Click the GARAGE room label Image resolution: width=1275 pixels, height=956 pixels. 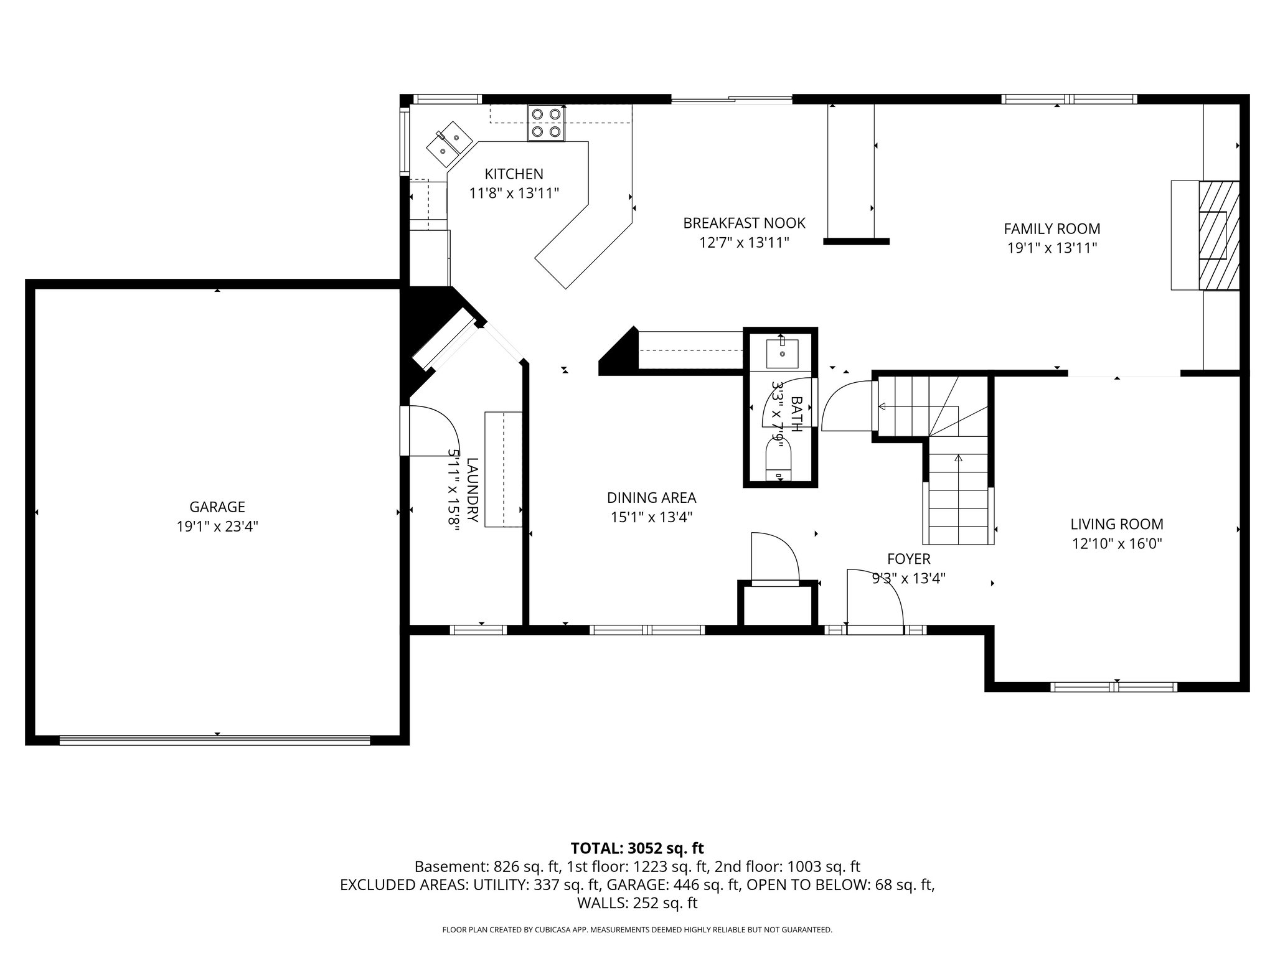pyautogui.click(x=217, y=507)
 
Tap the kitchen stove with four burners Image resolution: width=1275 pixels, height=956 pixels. pyautogui.click(x=547, y=123)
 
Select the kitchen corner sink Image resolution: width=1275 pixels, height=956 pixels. pyautogui.click(x=449, y=144)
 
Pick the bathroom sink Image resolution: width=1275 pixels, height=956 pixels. pyautogui.click(x=782, y=353)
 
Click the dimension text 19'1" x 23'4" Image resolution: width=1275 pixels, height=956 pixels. pyautogui.click(x=217, y=527)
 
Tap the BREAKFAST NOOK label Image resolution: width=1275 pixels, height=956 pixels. pyautogui.click(x=744, y=223)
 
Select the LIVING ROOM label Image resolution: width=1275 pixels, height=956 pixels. pyautogui.click(x=1116, y=524)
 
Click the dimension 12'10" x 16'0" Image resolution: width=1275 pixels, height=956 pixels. pyautogui.click(x=1116, y=543)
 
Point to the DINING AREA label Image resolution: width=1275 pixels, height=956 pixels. pyautogui.click(x=651, y=498)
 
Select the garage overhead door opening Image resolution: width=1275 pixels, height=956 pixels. pyautogui.click(x=215, y=740)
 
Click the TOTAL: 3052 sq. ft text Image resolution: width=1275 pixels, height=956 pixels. pyautogui.click(x=637, y=848)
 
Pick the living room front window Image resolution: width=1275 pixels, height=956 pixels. pyautogui.click(x=1113, y=687)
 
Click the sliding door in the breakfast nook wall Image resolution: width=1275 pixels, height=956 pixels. pyautogui.click(x=732, y=98)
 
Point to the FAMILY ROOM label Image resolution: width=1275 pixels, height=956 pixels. pyautogui.click(x=1052, y=228)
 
